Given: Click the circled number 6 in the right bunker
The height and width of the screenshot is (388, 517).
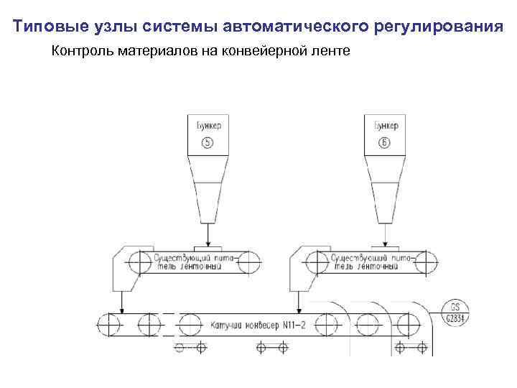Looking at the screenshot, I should [385, 142].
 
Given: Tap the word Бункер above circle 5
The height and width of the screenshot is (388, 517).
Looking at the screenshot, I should [208, 126].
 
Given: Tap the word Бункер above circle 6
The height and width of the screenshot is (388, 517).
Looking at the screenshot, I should [385, 126].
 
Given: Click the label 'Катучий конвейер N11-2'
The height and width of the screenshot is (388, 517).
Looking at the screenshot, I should [258, 325].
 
